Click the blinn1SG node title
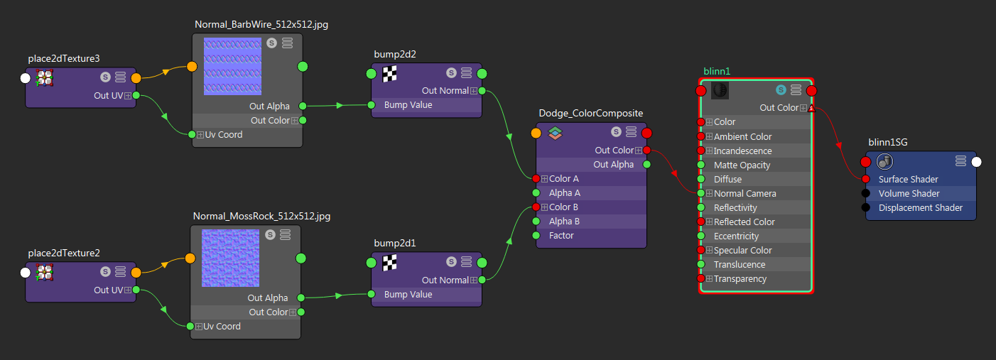887,143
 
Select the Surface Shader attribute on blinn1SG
908,180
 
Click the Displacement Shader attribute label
920,208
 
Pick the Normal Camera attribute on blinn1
745,194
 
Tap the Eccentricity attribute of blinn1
736,236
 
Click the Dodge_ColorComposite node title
590,113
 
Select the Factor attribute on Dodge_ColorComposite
561,236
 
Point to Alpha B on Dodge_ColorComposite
564,222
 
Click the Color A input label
563,179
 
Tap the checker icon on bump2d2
390,73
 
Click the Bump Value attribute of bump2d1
408,295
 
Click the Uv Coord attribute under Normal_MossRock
222,327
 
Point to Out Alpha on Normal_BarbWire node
269,107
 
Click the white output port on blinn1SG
976,162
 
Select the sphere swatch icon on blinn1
719,90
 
